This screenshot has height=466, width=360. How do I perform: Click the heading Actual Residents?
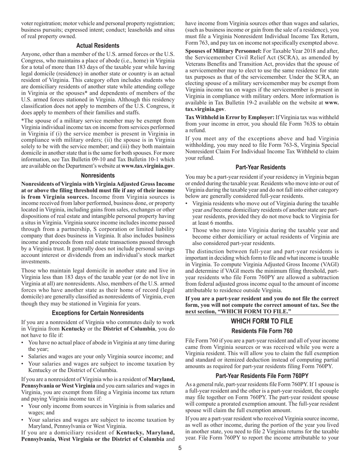click(98, 45)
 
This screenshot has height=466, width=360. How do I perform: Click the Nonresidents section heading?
click(98, 175)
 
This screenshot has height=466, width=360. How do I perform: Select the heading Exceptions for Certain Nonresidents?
click(98, 313)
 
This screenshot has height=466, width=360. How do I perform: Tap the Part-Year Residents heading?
click(261, 167)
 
